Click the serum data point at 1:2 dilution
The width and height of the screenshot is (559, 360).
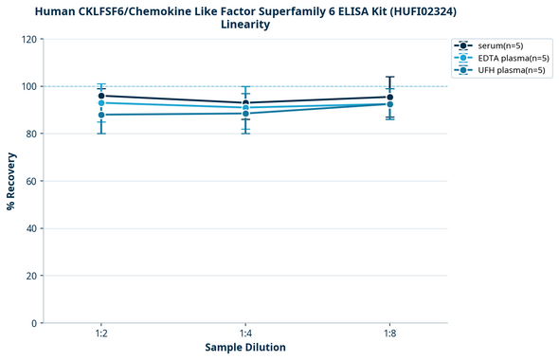pos(101,96)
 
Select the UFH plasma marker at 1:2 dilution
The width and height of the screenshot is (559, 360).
pos(101,115)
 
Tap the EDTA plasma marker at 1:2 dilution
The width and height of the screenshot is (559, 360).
pos(101,102)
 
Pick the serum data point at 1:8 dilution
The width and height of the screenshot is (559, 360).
pos(389,97)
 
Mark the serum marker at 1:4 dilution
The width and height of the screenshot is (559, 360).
pos(245,102)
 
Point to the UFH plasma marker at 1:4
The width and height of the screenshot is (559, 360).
pos(245,114)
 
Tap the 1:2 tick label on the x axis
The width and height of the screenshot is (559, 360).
pos(101,333)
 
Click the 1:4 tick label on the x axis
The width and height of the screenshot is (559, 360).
pos(245,333)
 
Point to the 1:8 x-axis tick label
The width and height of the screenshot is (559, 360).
pos(389,333)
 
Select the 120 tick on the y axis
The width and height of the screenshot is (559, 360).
pos(29,39)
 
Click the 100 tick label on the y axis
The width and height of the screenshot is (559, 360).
pos(29,86)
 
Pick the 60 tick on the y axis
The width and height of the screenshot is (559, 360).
pos(32,181)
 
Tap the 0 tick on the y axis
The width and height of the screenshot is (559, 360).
pos(35,323)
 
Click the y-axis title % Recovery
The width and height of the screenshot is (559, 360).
pos(11,180)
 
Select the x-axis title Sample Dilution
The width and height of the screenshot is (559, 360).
pos(245,348)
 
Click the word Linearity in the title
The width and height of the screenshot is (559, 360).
pos(245,25)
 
